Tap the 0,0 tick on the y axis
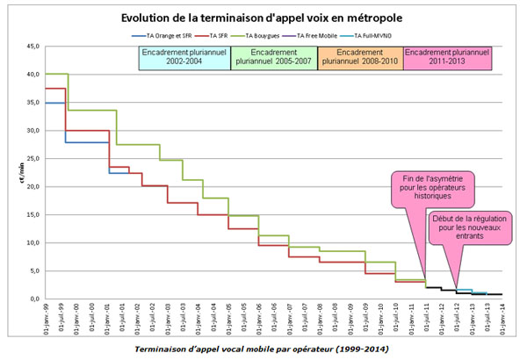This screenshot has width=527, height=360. pos(34,299)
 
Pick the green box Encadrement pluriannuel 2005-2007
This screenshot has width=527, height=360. pos(273,57)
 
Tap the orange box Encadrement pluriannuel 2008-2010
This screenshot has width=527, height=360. pos(360,57)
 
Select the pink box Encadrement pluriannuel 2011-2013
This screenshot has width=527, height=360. pos(447,57)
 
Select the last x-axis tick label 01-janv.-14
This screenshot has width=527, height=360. pos(501,320)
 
